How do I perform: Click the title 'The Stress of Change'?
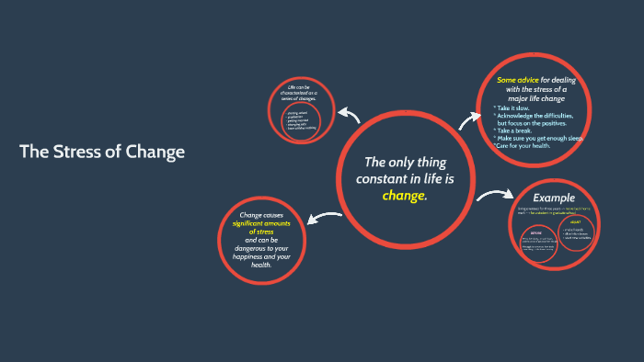[102, 152]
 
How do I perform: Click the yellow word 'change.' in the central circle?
[406, 195]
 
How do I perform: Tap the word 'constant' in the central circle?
[380, 178]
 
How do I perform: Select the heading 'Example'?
[554, 198]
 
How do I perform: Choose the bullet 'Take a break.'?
[519, 130]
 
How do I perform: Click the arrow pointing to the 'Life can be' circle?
[348, 114]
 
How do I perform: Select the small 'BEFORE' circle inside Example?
[538, 243]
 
